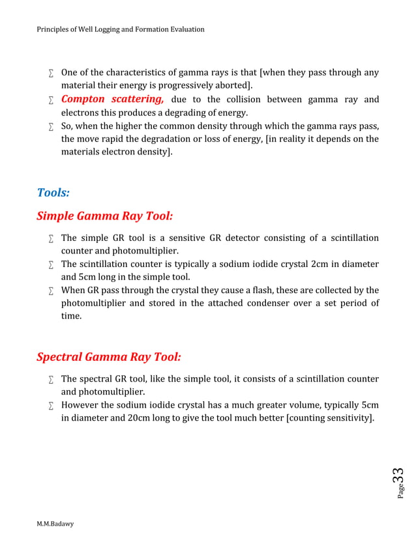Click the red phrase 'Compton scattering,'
112,100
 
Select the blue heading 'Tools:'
53,193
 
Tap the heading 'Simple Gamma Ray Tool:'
104,216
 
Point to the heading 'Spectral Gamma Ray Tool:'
108,357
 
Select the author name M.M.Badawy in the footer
55,524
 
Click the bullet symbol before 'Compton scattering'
50,100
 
